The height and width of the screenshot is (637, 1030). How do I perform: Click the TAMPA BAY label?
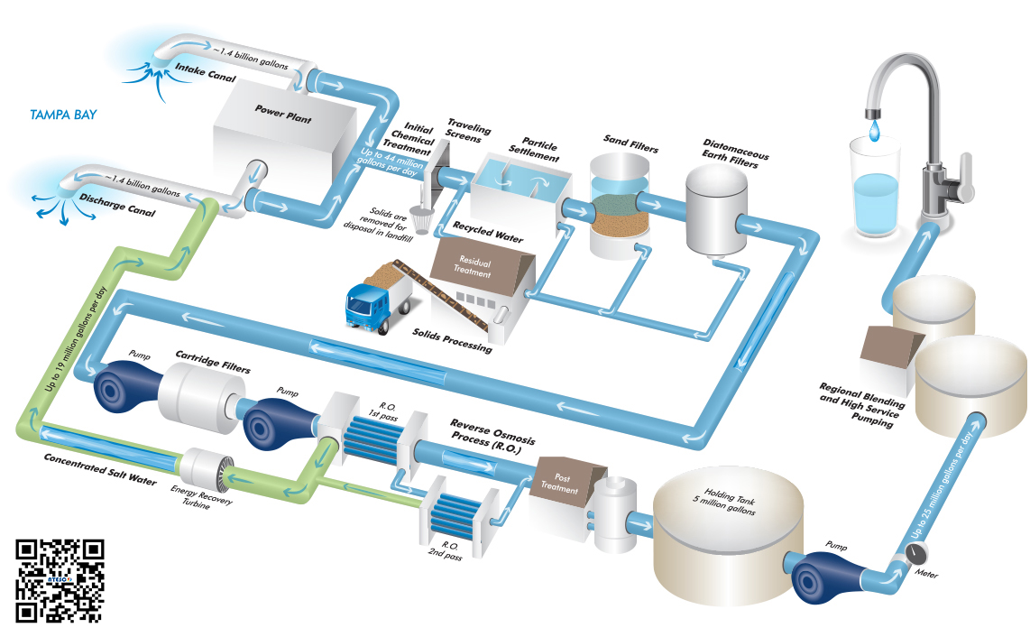point(63,115)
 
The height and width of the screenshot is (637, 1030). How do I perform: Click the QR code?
point(60,580)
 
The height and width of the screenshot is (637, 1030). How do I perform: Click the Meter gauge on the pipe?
point(903,558)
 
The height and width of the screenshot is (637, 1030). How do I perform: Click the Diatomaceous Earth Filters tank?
point(717,213)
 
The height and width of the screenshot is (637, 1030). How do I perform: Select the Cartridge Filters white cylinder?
point(195,396)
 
